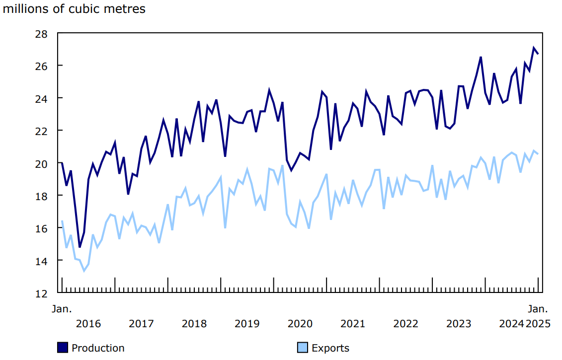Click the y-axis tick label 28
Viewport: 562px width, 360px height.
tap(41, 34)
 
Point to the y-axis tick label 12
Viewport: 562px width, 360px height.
tap(41, 293)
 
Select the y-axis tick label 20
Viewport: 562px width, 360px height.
tap(41, 163)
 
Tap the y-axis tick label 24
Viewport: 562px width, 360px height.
tap(41, 98)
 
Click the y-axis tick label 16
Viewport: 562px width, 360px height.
tap(41, 228)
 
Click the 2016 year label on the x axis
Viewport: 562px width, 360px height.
tap(88, 324)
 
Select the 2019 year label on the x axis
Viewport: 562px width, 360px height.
tap(247, 324)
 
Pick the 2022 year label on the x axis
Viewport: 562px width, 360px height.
tap(405, 324)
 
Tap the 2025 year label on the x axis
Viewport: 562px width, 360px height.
tap(538, 324)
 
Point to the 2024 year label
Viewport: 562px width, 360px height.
tap(511, 324)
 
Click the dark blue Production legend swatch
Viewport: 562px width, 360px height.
tap(63, 348)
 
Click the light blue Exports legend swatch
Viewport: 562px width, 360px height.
tap(302, 348)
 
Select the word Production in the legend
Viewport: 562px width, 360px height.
tap(98, 348)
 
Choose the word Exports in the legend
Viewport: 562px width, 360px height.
tap(330, 348)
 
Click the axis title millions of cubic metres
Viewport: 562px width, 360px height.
tap(75, 9)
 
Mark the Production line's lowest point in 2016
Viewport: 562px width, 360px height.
tap(80, 247)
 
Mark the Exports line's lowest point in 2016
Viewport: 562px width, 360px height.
tap(84, 271)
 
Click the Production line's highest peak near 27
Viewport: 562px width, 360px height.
tap(534, 48)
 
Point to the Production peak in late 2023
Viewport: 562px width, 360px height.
tap(481, 57)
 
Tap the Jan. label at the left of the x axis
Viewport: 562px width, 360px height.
tap(62, 309)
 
